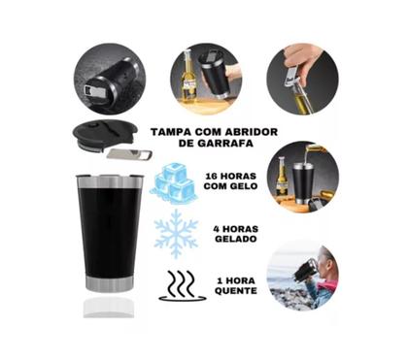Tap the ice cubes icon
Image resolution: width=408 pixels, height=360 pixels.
tap(177, 182)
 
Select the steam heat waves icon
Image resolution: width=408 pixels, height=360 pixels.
tap(182, 285)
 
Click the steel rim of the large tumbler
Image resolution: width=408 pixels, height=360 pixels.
tap(109, 180)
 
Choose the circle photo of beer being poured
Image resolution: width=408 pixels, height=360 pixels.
tap(302, 175)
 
